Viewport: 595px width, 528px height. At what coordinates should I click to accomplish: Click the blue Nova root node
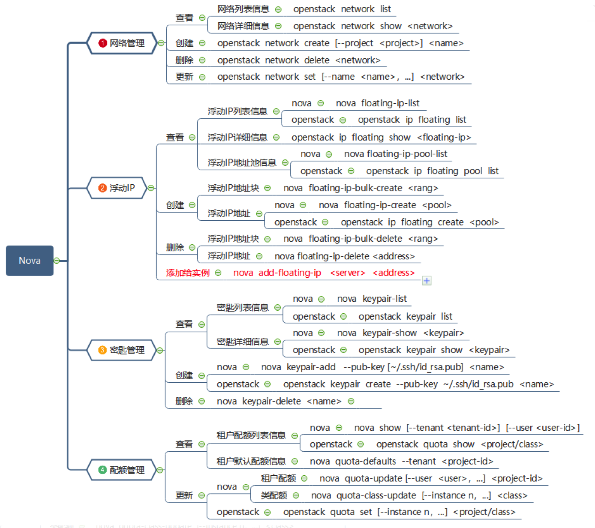(30, 261)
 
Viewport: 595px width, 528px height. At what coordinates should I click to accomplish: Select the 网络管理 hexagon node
(122, 43)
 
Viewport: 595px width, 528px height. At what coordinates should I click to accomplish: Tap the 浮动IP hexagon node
(117, 188)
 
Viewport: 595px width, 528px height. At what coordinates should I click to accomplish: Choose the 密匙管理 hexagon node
(122, 350)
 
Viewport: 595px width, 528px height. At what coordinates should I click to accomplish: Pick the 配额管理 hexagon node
(122, 470)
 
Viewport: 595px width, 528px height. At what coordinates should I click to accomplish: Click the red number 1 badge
(102, 43)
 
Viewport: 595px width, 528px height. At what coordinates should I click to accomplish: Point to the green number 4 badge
(102, 470)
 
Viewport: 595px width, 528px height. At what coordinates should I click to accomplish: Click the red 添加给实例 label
(188, 273)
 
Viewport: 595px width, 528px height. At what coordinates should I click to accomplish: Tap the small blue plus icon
(427, 281)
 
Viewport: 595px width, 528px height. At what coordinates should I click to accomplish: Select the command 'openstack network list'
(342, 9)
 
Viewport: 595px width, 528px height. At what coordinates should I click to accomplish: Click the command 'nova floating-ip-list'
(377, 103)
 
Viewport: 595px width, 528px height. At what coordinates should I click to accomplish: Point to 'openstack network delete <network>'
(298, 60)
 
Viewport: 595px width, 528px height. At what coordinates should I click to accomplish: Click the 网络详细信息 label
(243, 26)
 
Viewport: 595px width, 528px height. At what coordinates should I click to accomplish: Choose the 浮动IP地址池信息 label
(242, 163)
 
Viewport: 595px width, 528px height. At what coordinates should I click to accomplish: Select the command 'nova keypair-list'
(372, 299)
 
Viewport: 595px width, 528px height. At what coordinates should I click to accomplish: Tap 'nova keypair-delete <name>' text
(279, 402)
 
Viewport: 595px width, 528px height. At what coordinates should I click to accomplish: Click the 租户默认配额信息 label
(251, 462)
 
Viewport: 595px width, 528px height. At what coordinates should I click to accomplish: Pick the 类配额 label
(274, 496)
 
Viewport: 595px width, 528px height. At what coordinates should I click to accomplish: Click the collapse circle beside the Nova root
(57, 261)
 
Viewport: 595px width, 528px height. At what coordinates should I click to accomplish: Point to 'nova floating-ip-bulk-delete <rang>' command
(360, 239)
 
